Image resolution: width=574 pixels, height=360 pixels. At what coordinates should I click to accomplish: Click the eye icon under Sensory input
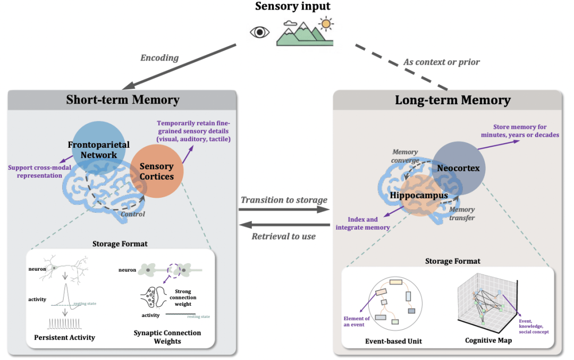pyautogui.click(x=259, y=32)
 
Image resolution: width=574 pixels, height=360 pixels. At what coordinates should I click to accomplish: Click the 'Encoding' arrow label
pyautogui.click(x=158, y=58)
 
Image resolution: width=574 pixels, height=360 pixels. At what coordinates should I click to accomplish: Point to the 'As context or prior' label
pyautogui.click(x=441, y=62)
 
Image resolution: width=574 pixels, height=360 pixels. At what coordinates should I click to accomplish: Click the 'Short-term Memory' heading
pyautogui.click(x=122, y=100)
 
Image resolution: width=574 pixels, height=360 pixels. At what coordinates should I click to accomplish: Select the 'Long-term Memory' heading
pyautogui.click(x=452, y=100)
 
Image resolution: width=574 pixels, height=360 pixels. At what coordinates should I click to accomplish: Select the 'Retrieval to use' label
pyautogui.click(x=284, y=236)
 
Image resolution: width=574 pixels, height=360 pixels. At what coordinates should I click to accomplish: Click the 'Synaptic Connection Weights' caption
pyautogui.click(x=167, y=337)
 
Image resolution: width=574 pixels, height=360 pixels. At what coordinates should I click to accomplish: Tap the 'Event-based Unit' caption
pyautogui.click(x=394, y=341)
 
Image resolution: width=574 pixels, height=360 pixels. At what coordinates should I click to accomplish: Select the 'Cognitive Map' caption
pyautogui.click(x=488, y=340)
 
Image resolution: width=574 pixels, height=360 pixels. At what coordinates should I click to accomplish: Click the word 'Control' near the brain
pyautogui.click(x=132, y=214)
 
